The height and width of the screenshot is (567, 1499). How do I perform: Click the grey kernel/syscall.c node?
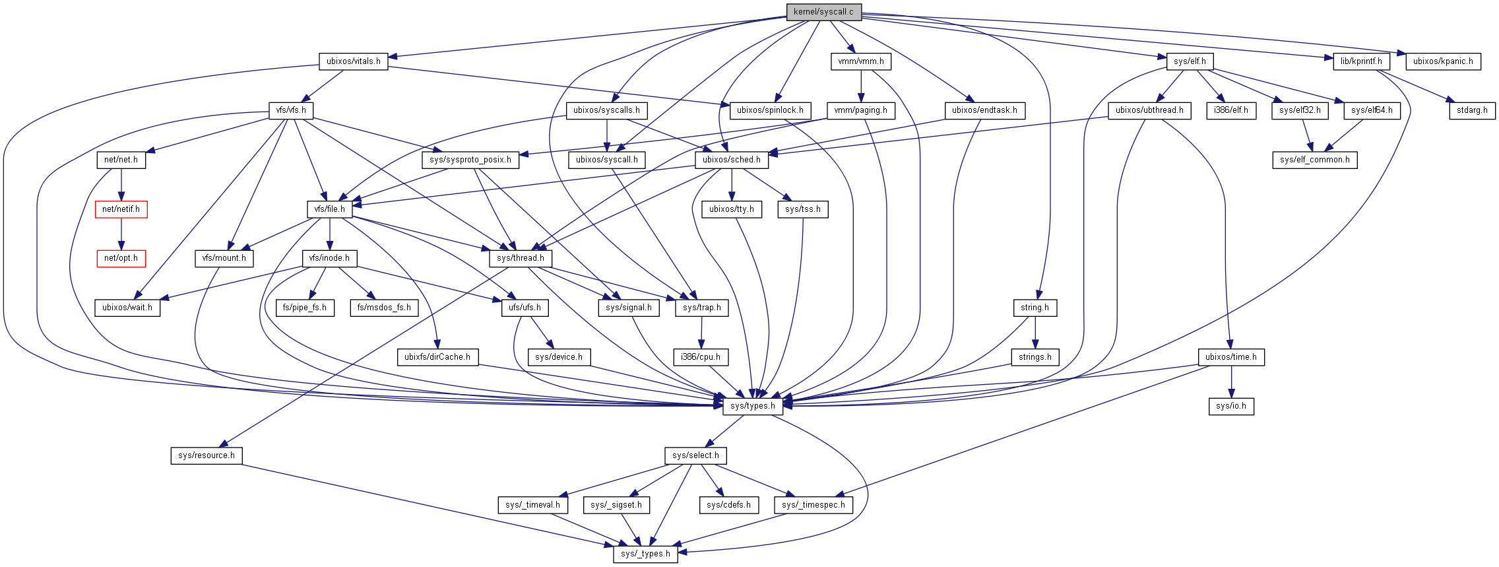tap(823, 12)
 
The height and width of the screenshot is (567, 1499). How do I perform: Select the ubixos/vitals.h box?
tap(354, 61)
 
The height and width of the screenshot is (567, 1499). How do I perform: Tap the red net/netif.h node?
tap(121, 209)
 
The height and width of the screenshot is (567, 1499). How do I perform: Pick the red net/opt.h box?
tap(121, 258)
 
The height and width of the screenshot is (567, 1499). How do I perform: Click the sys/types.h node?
tap(752, 406)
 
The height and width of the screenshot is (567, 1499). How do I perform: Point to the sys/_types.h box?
tap(645, 554)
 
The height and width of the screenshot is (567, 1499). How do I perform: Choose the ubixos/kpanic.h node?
tap(1443, 61)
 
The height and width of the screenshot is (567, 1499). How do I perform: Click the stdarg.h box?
tap(1472, 110)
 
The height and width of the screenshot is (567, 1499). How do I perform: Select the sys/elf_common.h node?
tap(1314, 160)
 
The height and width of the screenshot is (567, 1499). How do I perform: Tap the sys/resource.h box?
tap(207, 455)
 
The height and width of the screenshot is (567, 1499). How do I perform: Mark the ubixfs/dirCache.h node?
tap(437, 357)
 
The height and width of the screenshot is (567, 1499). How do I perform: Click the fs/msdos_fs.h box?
tap(384, 308)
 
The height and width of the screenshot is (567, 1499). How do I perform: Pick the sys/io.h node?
tap(1231, 406)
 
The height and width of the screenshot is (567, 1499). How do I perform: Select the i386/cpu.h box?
tap(701, 357)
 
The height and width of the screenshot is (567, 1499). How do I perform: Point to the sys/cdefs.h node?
tap(728, 505)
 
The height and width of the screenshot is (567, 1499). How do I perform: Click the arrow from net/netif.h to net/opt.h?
tap(121, 234)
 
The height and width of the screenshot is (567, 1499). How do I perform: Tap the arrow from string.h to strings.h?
tap(1035, 332)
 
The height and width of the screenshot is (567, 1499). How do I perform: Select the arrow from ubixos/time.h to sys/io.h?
tap(1231, 382)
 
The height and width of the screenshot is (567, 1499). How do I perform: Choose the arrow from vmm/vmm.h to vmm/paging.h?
tap(860, 86)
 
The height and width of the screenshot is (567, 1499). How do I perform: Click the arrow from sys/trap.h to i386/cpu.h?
tap(701, 332)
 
